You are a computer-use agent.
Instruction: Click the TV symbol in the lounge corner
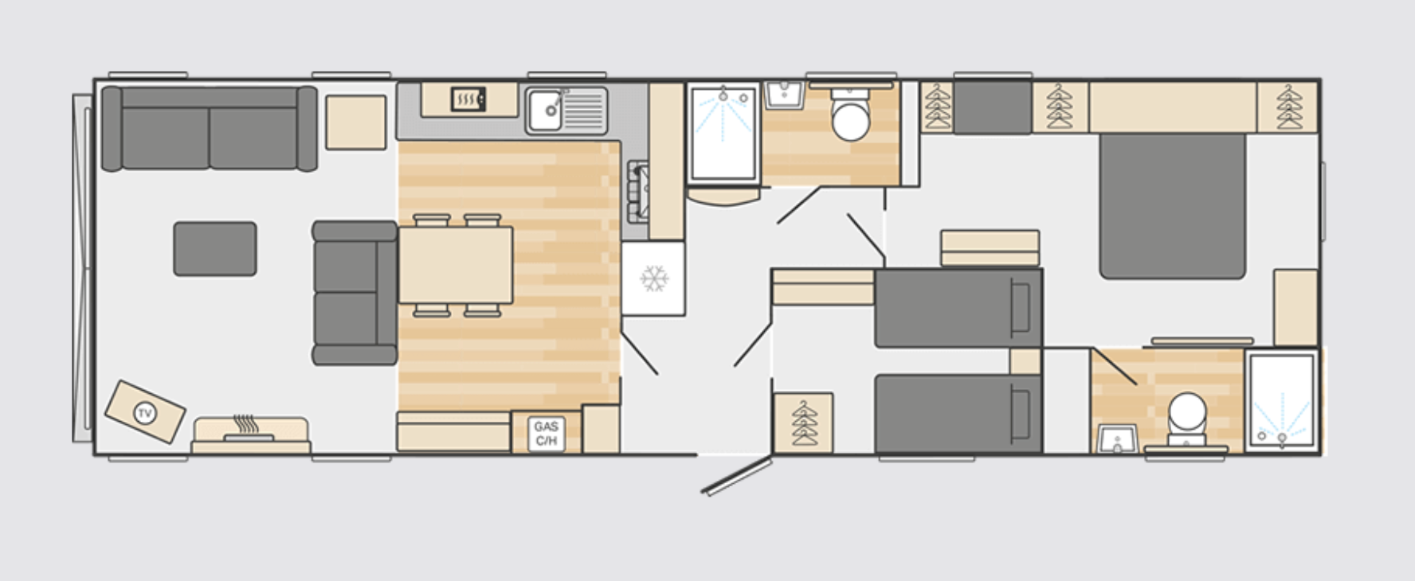click(x=145, y=412)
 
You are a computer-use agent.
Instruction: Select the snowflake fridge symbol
click(x=654, y=279)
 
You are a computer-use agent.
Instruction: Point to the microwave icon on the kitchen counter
click(x=468, y=99)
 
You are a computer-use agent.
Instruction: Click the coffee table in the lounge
click(x=215, y=249)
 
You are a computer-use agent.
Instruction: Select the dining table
click(x=456, y=265)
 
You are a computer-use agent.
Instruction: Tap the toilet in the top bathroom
click(x=850, y=115)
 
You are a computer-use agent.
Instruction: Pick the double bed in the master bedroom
click(x=1172, y=205)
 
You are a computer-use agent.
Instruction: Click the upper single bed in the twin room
click(x=958, y=308)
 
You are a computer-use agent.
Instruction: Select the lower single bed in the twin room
click(x=958, y=414)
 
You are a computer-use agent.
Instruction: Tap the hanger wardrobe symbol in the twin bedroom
click(x=803, y=423)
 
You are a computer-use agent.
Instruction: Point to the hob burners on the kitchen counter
click(x=638, y=192)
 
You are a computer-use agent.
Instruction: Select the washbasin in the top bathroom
click(x=784, y=95)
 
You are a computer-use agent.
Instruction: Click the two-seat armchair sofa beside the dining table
click(x=354, y=293)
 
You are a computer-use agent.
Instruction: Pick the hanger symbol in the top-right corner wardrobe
click(x=1288, y=107)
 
